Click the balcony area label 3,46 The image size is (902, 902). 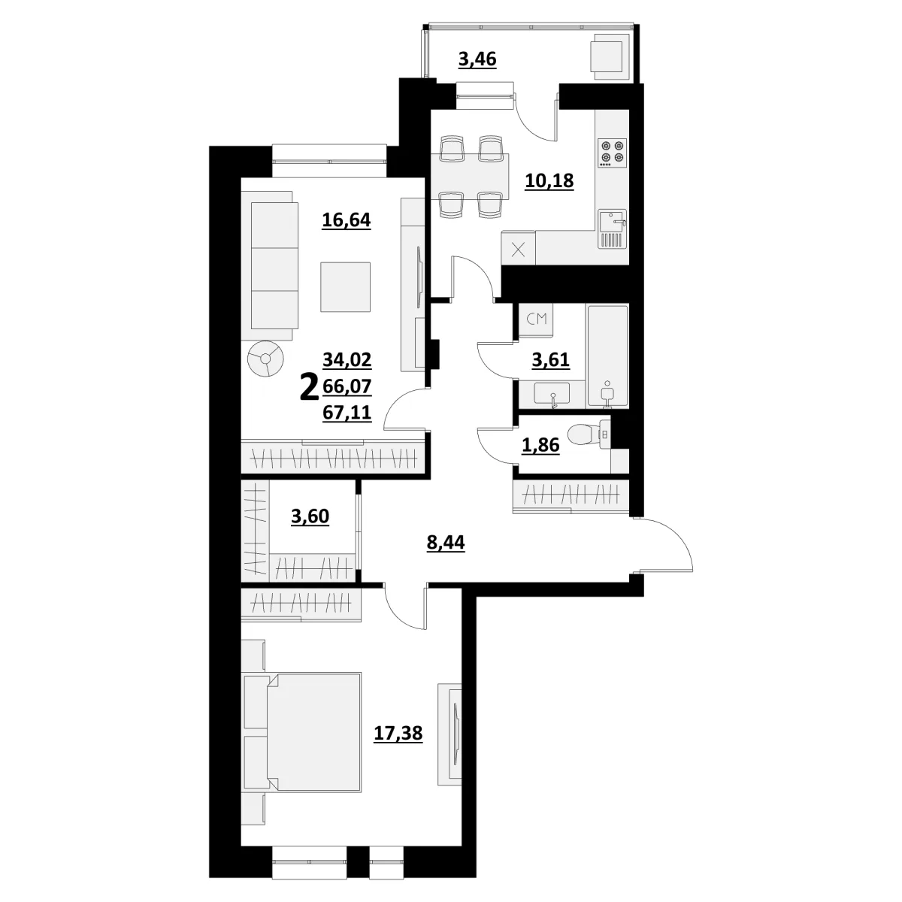(477, 60)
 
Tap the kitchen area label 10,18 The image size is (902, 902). (549, 180)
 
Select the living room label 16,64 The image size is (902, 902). (347, 220)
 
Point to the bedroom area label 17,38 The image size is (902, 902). (398, 733)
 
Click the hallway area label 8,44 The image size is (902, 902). (446, 543)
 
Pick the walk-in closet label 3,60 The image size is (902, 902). (310, 516)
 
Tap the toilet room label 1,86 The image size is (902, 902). (540, 445)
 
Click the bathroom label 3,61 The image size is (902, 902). (550, 361)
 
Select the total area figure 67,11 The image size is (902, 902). (347, 413)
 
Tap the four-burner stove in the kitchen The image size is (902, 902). (613, 153)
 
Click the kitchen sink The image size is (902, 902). (613, 229)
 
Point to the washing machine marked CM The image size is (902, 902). (537, 319)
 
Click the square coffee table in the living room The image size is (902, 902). (346, 287)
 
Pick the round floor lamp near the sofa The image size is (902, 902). (265, 359)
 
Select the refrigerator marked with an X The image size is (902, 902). (518, 249)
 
